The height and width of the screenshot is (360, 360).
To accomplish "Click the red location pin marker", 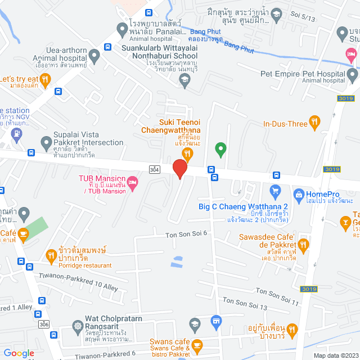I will (x=179, y=168).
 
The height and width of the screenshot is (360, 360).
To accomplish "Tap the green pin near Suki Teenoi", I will (x=221, y=149).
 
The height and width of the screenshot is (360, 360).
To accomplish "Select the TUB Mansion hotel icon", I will (x=133, y=182).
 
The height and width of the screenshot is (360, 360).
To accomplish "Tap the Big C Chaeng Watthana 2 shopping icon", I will (x=275, y=192).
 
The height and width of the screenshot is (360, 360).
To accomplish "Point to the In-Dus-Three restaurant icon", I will (x=314, y=120).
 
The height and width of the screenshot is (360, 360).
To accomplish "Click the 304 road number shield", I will (x=154, y=169).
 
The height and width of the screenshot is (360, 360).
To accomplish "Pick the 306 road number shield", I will (x=44, y=325).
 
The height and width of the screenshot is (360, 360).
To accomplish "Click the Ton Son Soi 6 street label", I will (x=186, y=233).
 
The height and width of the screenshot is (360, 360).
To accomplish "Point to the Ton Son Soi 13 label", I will (x=245, y=304).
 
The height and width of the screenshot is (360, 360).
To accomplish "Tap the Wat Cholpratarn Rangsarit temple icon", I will (x=77, y=326).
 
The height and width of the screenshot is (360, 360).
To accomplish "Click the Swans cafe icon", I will (x=196, y=344).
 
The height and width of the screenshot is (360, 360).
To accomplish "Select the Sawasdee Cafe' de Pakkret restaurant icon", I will (x=304, y=244).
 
